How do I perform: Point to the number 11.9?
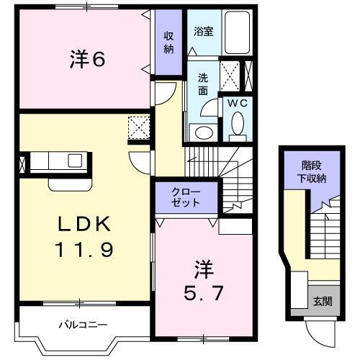click(84, 251)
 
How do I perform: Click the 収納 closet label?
click(169, 42)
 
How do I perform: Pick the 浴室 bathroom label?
click(203, 32)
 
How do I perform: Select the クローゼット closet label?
click(186, 197)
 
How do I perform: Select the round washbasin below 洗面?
click(203, 132)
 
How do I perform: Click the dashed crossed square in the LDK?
click(138, 127)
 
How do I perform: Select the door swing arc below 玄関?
click(317, 332)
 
